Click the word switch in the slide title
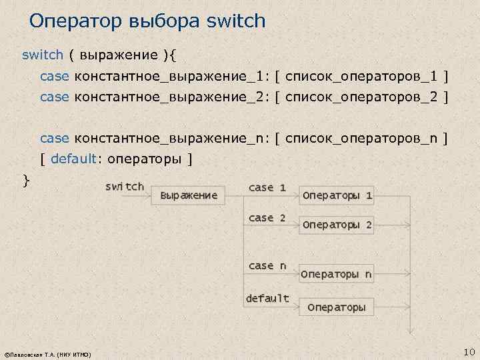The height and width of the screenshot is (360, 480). tap(236, 21)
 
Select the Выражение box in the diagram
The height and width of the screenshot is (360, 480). tap(189, 195)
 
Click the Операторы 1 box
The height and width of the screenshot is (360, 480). tap(337, 196)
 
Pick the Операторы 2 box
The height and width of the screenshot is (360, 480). tap(337, 225)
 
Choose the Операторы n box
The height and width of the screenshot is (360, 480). tap(336, 274)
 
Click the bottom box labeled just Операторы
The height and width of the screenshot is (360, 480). tap(336, 307)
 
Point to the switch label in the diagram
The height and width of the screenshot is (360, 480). tap(125, 187)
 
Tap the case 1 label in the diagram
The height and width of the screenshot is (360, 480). tap(267, 188)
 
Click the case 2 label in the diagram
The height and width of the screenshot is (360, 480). tap(267, 218)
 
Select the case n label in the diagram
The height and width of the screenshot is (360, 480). tap(267, 266)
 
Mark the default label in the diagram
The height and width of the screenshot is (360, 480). tap(267, 298)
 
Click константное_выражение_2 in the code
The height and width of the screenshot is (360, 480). tap(169, 97)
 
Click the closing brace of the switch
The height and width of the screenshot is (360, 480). tap(26, 180)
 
